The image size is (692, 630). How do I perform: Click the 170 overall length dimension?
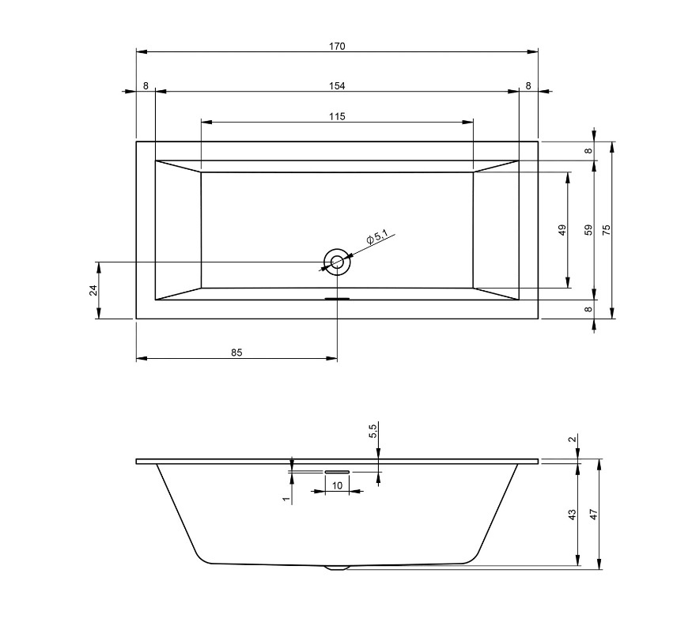pos(337,47)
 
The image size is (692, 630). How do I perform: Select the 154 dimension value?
pos(337,86)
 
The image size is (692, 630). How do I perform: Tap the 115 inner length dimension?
pos(337,116)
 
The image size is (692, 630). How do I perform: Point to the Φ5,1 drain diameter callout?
pos(376,237)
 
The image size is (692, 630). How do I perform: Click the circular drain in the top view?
pos(337,262)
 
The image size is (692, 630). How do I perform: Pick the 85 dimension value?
pos(236,353)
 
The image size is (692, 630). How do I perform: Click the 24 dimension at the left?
pos(93,290)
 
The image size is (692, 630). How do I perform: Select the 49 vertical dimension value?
pos(562,230)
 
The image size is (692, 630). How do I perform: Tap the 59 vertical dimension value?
pos(588,230)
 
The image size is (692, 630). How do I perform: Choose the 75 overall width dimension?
pos(607,230)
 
